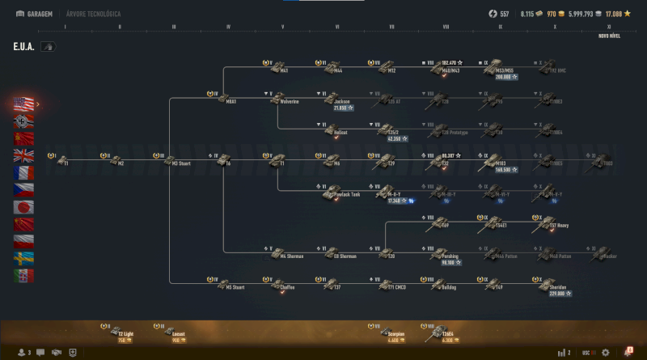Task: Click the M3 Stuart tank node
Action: (168, 159)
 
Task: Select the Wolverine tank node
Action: (278, 98)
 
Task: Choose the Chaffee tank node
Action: (278, 283)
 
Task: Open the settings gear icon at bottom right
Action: (605, 353)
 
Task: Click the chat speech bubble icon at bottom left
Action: (56, 353)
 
